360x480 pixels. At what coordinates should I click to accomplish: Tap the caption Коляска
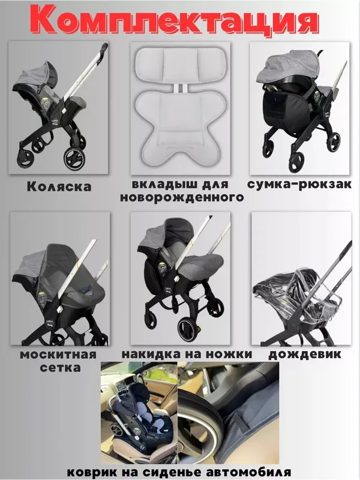[x=59, y=187]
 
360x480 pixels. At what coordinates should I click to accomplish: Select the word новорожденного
[x=182, y=197]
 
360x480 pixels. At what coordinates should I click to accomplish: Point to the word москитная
[x=58, y=355]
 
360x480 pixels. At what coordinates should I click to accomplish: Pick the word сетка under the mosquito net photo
[x=61, y=367]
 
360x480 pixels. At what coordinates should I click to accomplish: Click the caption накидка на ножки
[x=187, y=354]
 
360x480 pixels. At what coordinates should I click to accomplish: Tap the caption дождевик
[x=305, y=355]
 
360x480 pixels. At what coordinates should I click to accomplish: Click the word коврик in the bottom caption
[x=91, y=472]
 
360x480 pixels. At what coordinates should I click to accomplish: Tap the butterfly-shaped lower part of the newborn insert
[x=181, y=126]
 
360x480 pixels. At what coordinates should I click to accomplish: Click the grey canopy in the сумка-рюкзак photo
[x=288, y=68]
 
